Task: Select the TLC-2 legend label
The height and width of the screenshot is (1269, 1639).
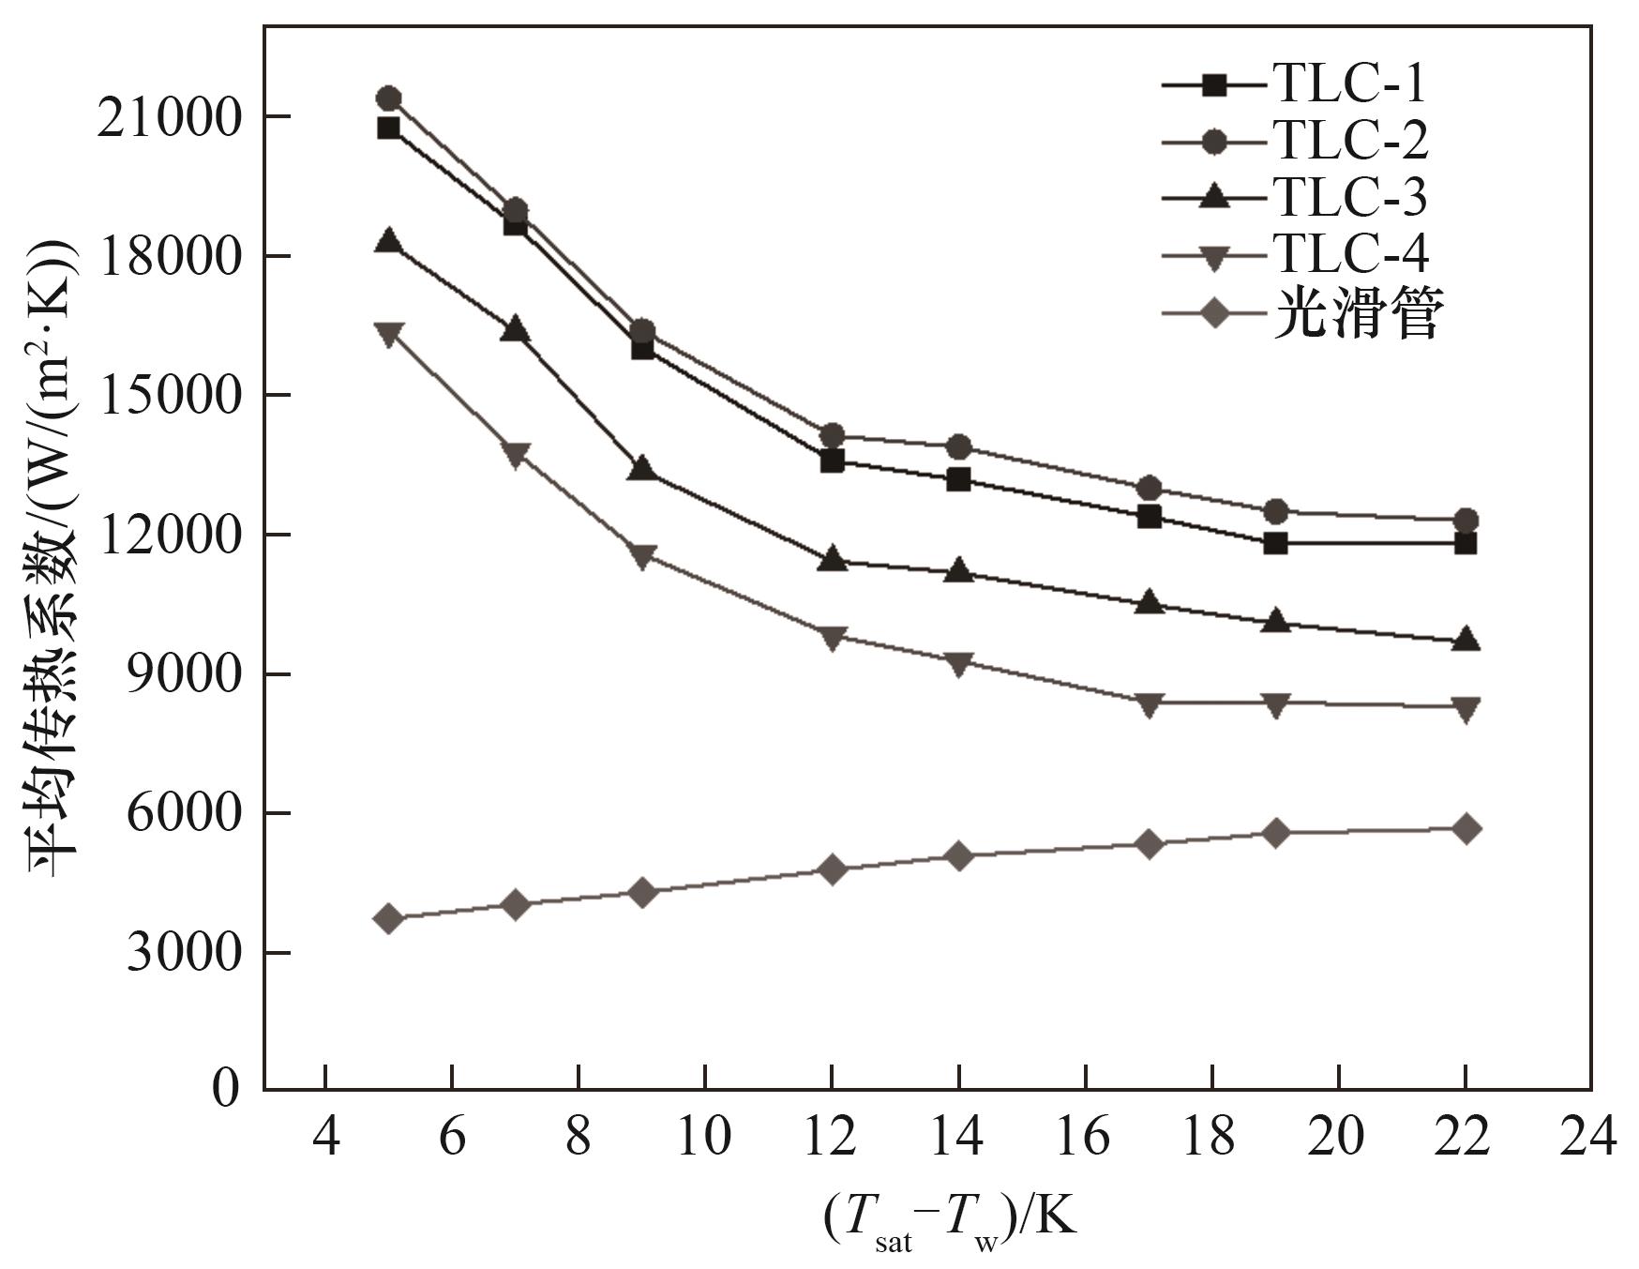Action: tap(1349, 141)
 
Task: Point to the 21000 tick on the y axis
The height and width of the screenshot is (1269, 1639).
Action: tap(169, 118)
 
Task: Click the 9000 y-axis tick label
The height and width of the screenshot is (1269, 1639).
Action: tap(182, 675)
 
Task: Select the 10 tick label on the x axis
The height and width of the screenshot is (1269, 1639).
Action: tap(704, 1138)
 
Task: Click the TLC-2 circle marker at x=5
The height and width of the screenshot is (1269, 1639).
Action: tap(388, 98)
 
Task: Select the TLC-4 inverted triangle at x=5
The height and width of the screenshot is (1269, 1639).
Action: tap(388, 334)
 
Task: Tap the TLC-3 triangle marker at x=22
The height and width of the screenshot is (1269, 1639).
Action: tap(1465, 641)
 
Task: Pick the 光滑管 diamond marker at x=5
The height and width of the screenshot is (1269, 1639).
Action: tap(388, 918)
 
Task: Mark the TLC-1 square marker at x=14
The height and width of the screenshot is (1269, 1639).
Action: tap(957, 479)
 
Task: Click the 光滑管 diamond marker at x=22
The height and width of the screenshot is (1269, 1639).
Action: tap(1465, 829)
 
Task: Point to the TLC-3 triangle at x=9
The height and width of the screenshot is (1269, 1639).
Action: tap(641, 468)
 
